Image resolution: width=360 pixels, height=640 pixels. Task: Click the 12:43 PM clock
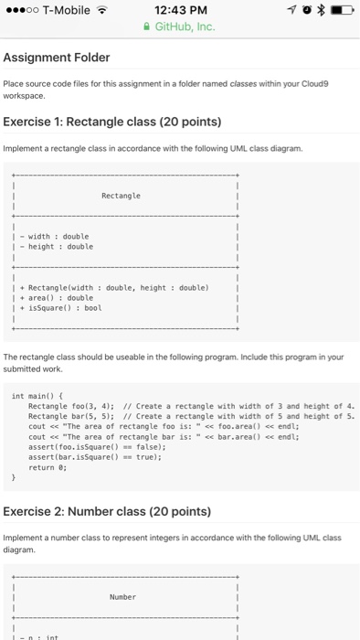coord(180,10)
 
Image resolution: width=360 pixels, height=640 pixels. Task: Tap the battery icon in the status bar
coord(341,10)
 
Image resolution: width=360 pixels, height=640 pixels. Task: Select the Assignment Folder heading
coord(57,58)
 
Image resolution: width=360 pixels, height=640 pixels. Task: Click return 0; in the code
coord(48,466)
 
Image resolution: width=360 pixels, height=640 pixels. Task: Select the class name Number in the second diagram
coord(122,595)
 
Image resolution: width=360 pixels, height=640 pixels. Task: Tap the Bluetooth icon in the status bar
coord(323,10)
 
